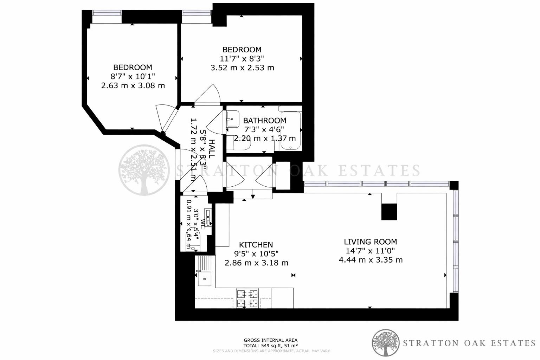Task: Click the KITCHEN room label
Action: [x=256, y=245]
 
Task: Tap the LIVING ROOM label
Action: [x=370, y=242]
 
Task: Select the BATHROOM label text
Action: [x=264, y=121]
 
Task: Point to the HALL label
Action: [x=212, y=148]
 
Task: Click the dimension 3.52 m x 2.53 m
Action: [x=242, y=68]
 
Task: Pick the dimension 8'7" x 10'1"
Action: [x=133, y=76]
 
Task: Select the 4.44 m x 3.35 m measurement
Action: [x=371, y=260]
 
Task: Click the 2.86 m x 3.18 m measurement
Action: [x=256, y=263]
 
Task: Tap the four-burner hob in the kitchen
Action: [x=247, y=298]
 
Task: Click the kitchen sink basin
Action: [x=204, y=279]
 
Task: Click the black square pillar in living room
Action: [x=389, y=212]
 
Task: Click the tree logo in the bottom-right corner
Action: [x=386, y=343]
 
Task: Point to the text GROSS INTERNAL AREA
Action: [x=270, y=340]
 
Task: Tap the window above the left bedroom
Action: [x=107, y=17]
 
